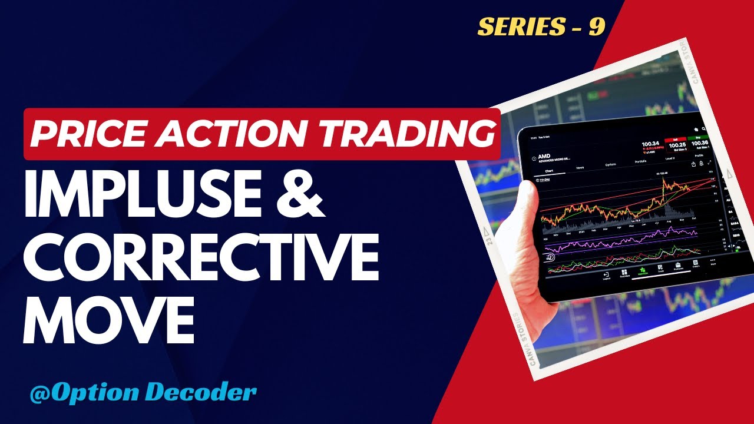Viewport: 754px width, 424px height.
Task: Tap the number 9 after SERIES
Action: click(596, 26)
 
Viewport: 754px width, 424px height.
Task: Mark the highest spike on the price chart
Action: click(663, 179)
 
